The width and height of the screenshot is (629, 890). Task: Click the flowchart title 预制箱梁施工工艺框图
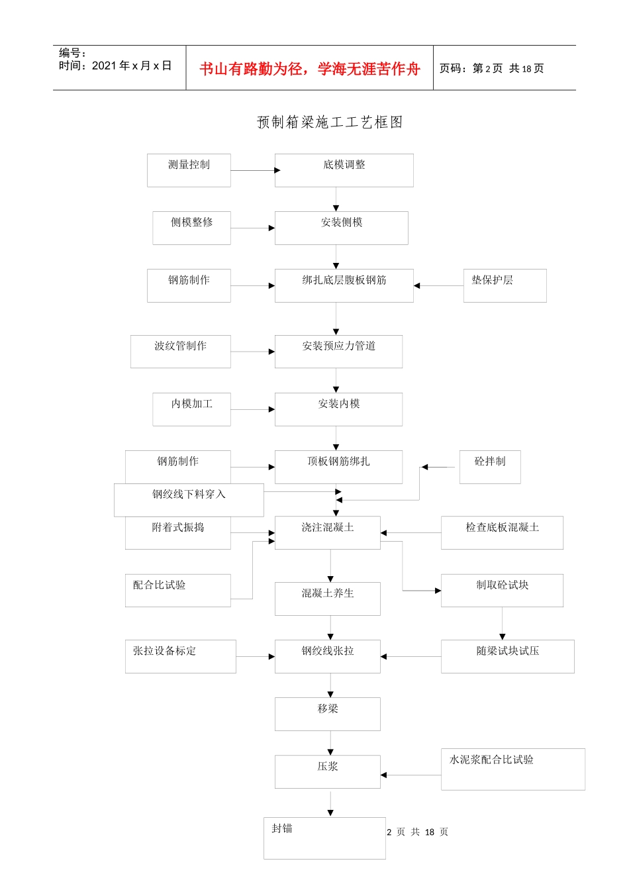click(330, 123)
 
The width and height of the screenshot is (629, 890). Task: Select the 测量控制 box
click(189, 170)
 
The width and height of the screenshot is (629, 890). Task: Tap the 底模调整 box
click(344, 170)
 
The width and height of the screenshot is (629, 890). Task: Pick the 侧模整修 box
click(191, 228)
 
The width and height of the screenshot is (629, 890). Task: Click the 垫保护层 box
click(505, 285)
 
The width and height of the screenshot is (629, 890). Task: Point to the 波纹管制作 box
click(180, 351)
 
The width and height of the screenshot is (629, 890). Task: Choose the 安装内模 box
click(338, 409)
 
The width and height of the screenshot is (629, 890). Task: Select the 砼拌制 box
click(490, 467)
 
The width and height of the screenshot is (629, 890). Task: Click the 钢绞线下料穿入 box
click(189, 500)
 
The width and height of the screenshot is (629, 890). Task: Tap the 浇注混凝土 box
click(327, 532)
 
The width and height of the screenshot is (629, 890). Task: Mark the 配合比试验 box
click(177, 590)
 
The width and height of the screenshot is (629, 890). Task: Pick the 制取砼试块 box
click(502, 590)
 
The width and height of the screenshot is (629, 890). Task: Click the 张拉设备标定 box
click(180, 656)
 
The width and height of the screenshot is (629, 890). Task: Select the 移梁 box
click(327, 714)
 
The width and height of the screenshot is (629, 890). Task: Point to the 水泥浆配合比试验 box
click(512, 769)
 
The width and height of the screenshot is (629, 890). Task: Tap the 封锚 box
click(324, 838)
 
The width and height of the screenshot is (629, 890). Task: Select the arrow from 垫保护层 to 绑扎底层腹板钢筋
click(438, 285)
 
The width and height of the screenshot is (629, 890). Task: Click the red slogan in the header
click(309, 69)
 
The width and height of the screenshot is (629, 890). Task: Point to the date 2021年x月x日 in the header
click(131, 66)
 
